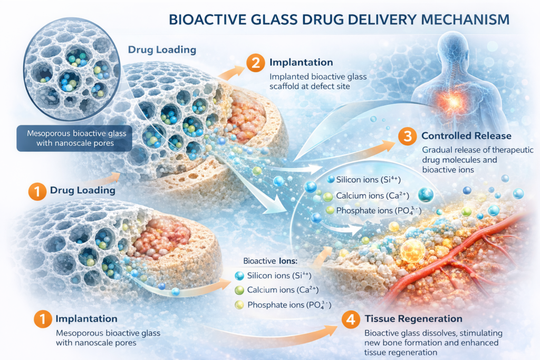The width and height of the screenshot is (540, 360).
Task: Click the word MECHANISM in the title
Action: coord(464,20)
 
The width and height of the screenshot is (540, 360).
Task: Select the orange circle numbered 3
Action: coord(407,137)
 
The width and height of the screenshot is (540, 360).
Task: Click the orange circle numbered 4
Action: coord(351,319)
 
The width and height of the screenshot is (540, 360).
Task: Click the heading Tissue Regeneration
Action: coord(413,319)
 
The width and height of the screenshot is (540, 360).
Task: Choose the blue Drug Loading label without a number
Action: coord(162,50)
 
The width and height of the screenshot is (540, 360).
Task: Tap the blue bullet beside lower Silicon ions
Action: coord(239,275)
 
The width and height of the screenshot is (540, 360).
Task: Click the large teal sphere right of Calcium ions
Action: coord(426,195)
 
